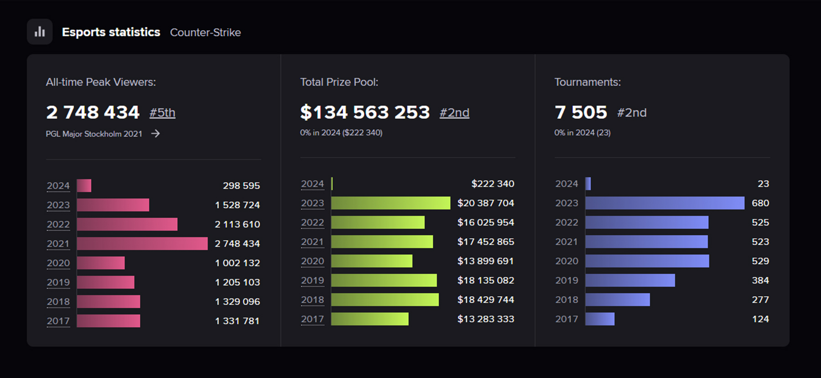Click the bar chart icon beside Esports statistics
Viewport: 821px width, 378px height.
pos(40,31)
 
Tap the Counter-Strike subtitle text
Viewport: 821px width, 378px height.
pos(205,32)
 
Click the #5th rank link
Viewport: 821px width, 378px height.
pos(162,113)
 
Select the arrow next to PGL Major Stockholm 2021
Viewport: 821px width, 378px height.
pos(156,134)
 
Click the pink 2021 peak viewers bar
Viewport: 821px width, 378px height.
pos(142,244)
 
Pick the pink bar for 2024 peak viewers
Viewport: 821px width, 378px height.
pos(84,186)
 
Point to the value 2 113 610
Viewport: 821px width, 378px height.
pos(237,224)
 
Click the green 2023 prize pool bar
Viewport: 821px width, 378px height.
pos(390,203)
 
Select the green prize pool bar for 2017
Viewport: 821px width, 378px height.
pos(369,319)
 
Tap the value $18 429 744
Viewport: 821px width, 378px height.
pos(485,300)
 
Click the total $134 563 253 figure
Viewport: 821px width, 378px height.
pos(365,112)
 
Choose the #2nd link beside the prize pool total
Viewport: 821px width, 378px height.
pos(454,113)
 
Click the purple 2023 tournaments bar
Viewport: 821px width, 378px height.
pos(665,203)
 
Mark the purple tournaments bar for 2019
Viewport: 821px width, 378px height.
pos(630,280)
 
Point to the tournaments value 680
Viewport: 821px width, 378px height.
pos(760,203)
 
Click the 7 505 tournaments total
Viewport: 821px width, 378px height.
pos(581,112)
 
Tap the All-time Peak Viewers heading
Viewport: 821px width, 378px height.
pos(101,82)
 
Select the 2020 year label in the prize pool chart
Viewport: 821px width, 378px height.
pos(312,261)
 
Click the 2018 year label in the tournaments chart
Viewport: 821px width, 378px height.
pos(566,300)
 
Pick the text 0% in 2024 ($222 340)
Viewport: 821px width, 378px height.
pos(341,133)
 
